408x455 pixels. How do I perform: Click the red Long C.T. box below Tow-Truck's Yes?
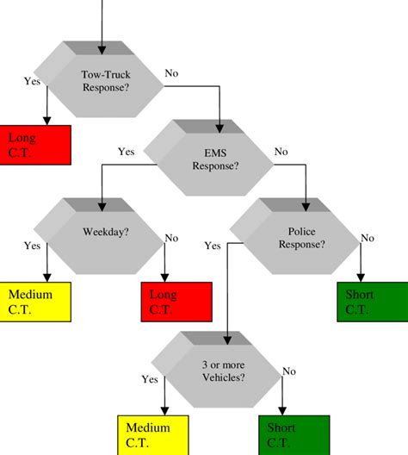tap(34, 144)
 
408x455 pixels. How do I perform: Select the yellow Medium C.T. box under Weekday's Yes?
tap(33, 302)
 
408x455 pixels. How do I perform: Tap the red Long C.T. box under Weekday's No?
tap(176, 302)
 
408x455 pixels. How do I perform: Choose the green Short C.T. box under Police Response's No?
tap(369, 302)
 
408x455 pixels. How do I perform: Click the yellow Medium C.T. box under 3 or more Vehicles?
tap(151, 434)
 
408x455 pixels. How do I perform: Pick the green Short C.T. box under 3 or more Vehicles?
tap(294, 434)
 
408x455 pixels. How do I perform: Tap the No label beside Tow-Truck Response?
tap(171, 74)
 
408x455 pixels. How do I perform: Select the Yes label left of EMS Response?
tap(126, 152)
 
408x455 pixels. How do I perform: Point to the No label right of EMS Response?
tap(281, 152)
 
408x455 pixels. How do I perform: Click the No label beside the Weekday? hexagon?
tap(171, 238)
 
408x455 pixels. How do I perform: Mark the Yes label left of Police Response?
tap(213, 246)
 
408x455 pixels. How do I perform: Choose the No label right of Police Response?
tap(368, 238)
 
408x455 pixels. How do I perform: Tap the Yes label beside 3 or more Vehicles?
tap(148, 378)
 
